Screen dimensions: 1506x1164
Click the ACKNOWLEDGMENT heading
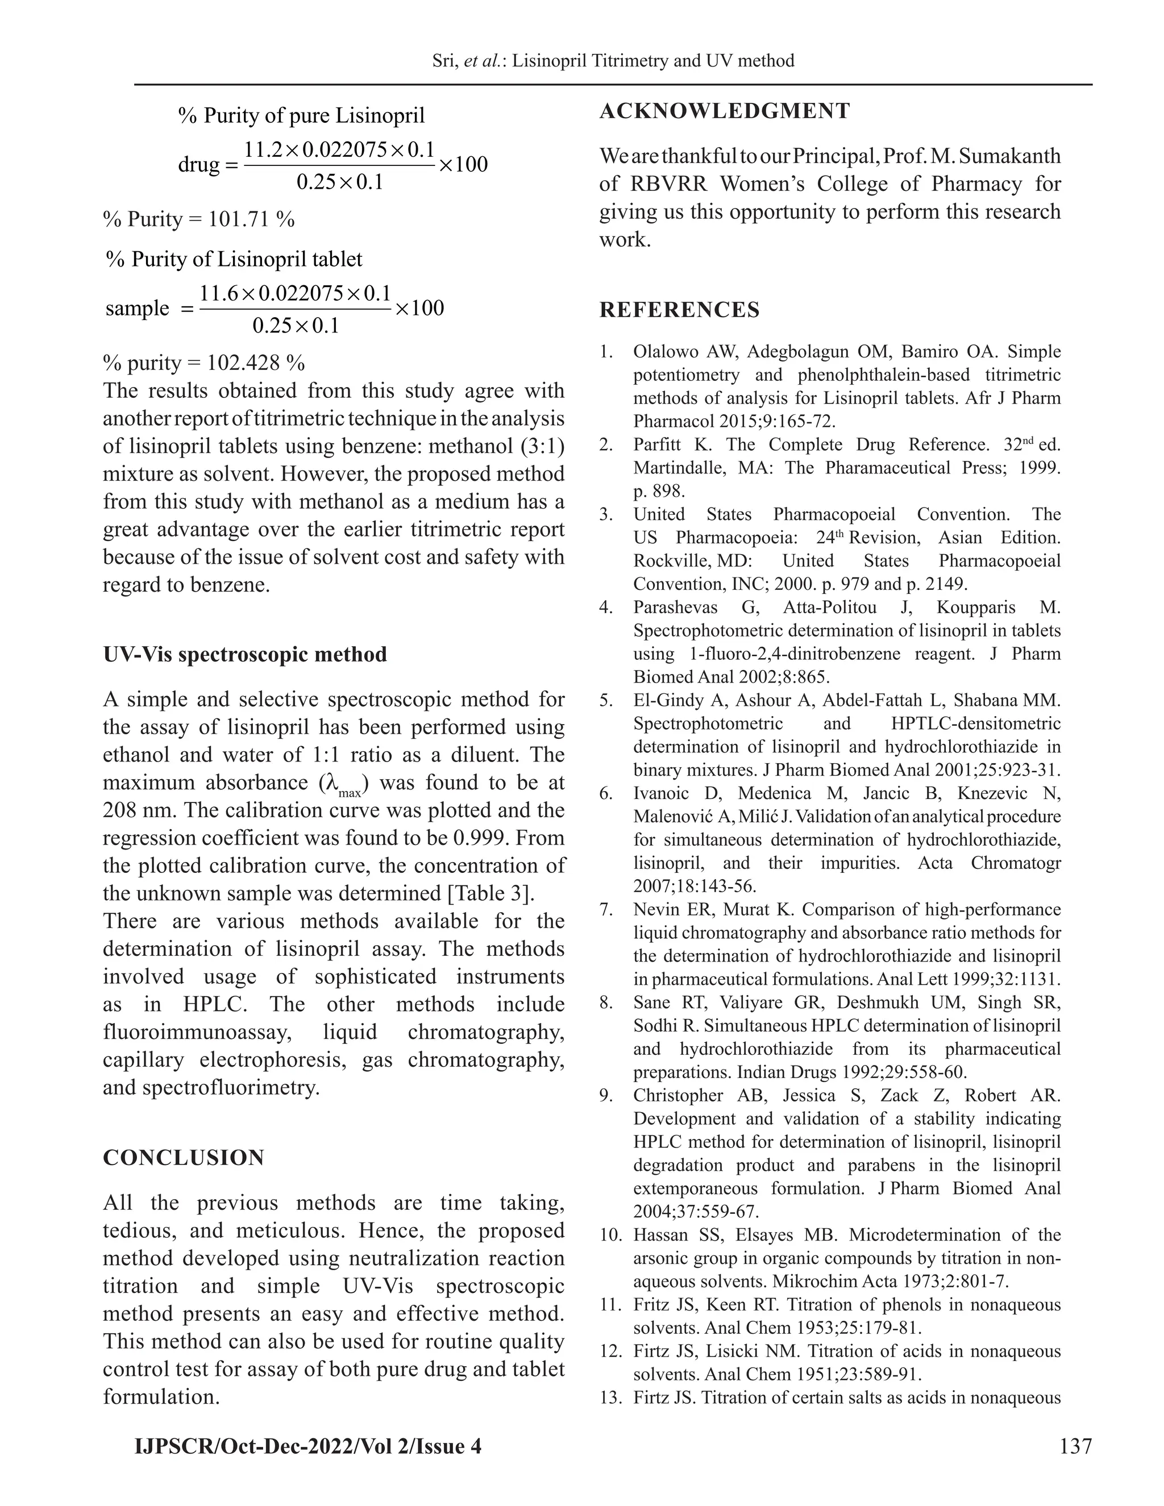[724, 111]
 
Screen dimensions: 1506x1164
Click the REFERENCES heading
[679, 310]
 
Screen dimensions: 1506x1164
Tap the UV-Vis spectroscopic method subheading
[245, 654]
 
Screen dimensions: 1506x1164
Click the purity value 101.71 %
[251, 219]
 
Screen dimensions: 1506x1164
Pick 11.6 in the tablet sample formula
[216, 293]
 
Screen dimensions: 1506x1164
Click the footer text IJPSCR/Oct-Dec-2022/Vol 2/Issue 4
[307, 1445]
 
